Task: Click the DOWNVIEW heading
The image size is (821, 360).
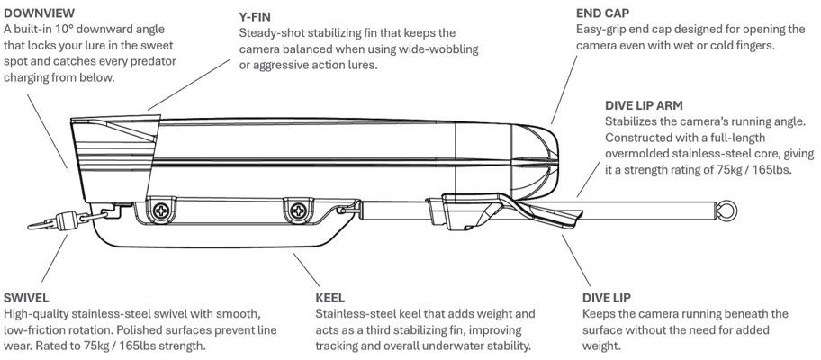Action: click(39, 13)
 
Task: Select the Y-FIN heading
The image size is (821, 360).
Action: click(255, 17)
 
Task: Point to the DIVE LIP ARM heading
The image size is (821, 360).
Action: click(644, 105)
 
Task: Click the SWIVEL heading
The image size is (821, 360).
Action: click(26, 298)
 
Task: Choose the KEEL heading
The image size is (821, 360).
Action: click(329, 298)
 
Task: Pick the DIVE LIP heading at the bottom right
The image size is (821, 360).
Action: click(607, 298)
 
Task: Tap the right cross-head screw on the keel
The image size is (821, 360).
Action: click(299, 211)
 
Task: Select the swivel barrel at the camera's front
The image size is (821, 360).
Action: click(67, 220)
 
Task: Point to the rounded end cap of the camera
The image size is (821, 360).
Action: click(534, 161)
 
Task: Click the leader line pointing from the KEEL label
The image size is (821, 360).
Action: click(306, 270)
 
